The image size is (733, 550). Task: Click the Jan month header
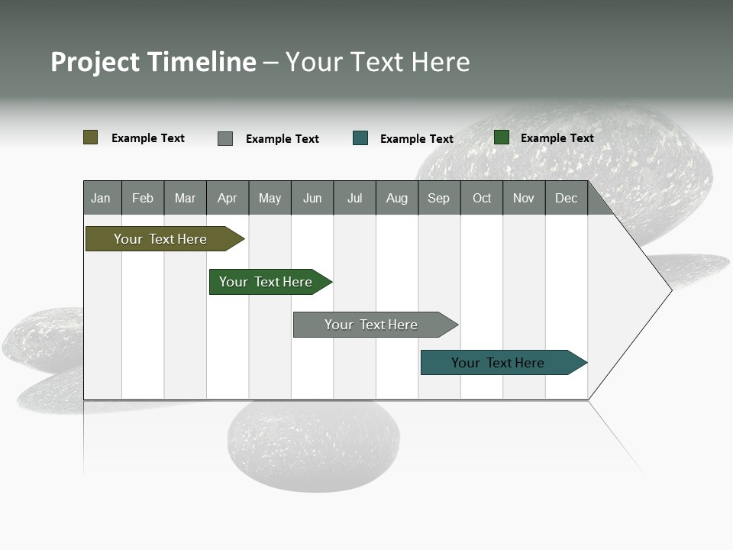coord(102,198)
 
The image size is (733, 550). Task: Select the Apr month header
coord(228,198)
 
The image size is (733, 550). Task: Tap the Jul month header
coord(354,198)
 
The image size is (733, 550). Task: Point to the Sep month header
coord(439,198)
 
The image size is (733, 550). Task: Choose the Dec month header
coord(566,198)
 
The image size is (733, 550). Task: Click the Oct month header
coord(482,198)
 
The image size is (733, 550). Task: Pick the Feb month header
coord(143,198)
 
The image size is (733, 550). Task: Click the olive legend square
coord(91,137)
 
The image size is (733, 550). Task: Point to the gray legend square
coord(225,138)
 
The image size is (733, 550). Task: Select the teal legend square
coord(360,138)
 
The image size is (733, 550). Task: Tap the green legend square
coord(502,137)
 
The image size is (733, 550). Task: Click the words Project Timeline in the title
coord(153,62)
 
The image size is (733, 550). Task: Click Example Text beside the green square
coord(557,138)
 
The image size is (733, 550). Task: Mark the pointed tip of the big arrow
coord(670,290)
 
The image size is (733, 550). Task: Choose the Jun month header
coord(312,198)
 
